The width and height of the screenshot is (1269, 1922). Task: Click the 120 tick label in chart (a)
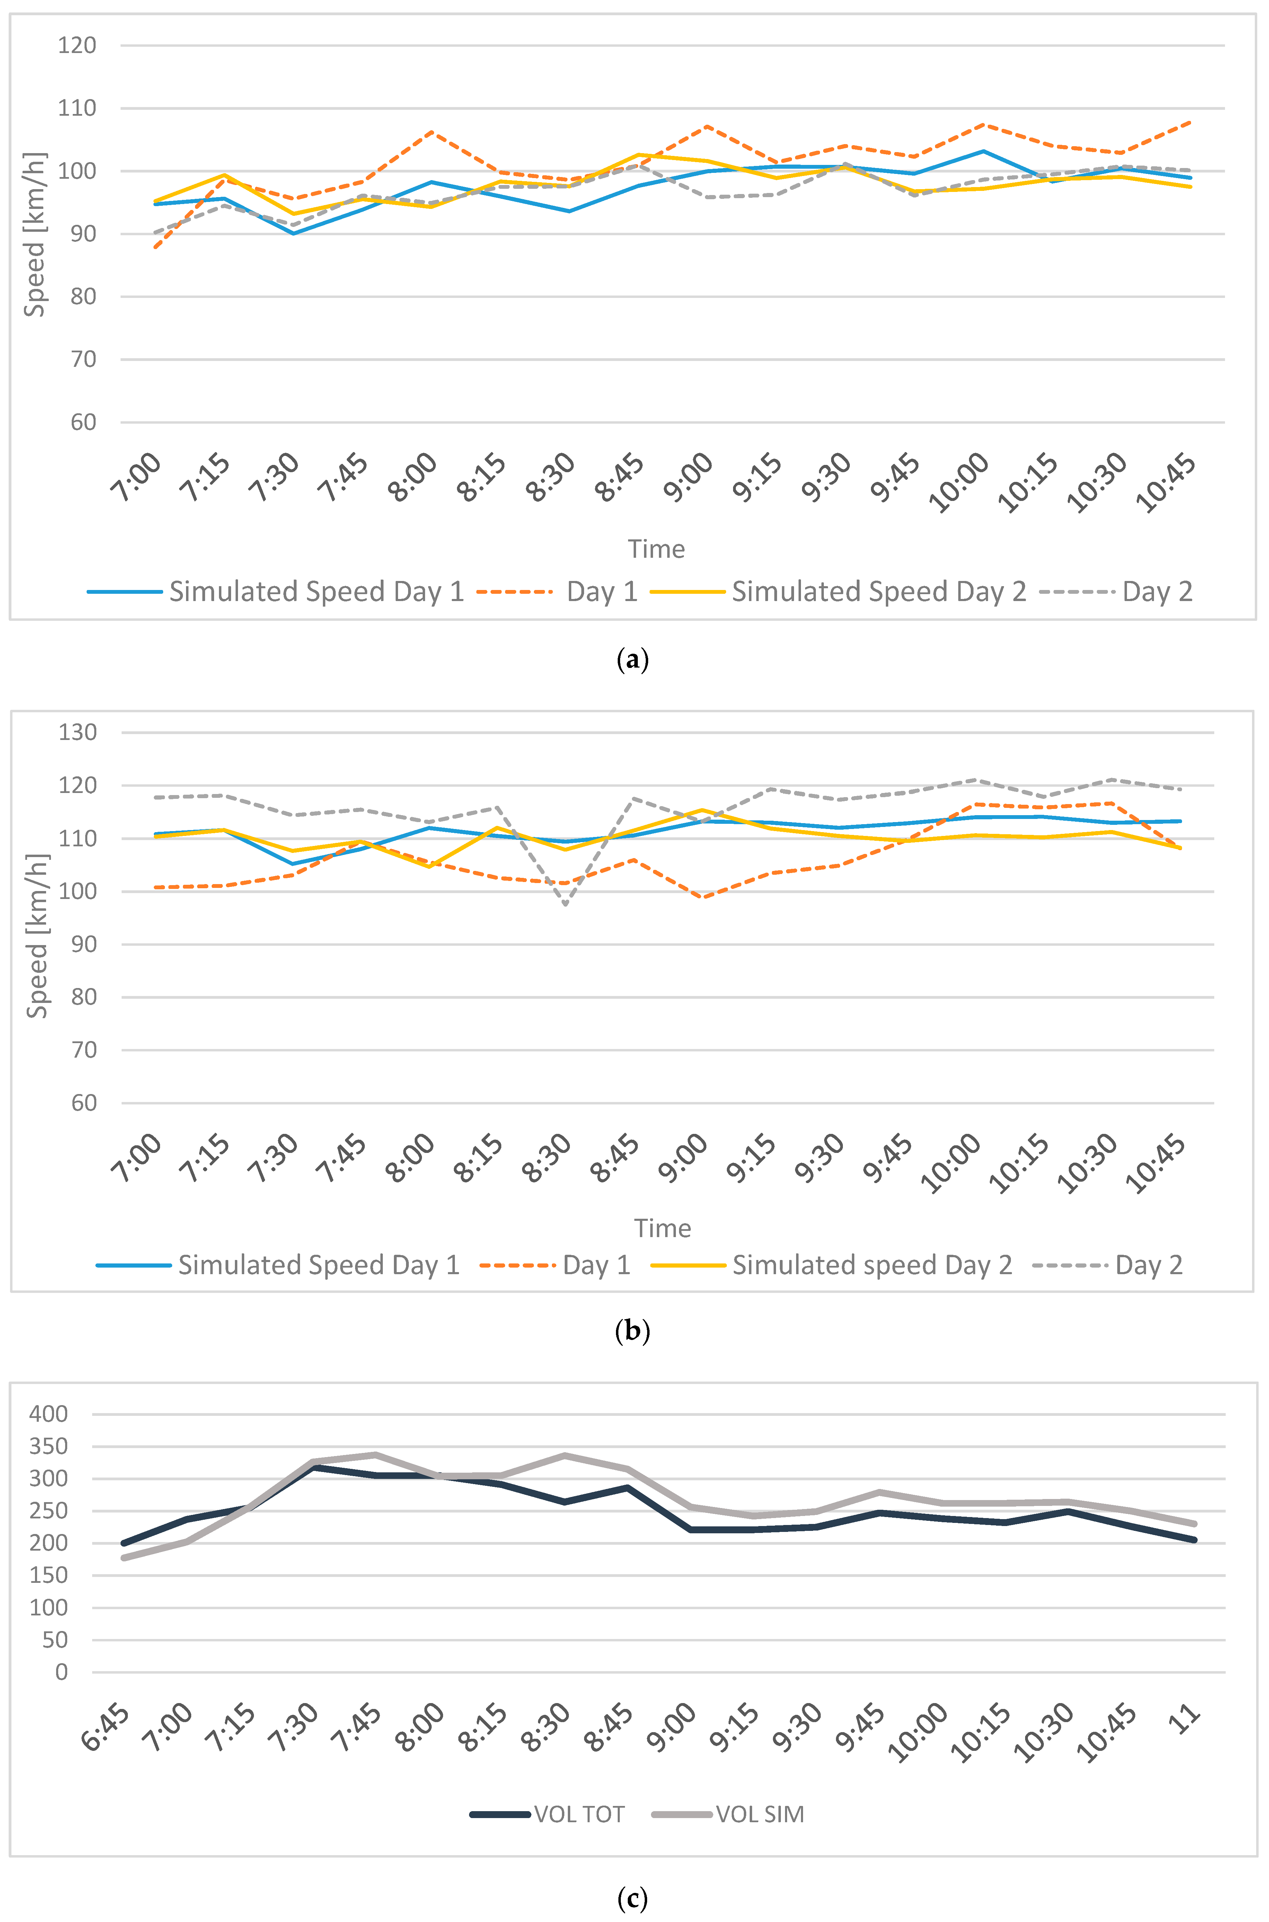click(x=77, y=45)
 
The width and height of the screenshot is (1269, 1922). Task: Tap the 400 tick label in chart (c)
click(x=49, y=1414)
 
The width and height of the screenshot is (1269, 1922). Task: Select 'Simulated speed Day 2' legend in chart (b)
click(x=872, y=1265)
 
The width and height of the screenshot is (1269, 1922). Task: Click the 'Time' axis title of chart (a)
click(x=656, y=549)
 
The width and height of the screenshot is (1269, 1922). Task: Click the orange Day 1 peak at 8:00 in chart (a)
click(x=431, y=132)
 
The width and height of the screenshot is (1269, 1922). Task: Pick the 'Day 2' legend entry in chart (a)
click(x=1156, y=592)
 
